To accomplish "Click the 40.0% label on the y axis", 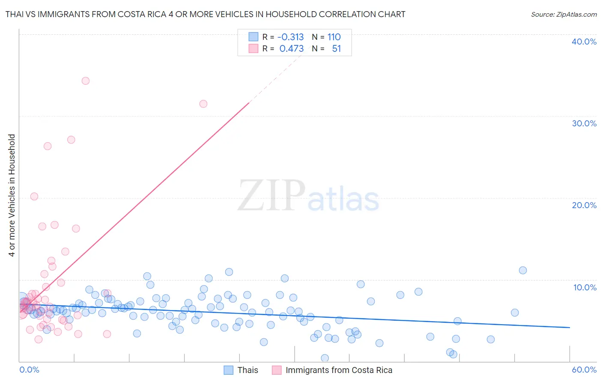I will [x=584, y=42].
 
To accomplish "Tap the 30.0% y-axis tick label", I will [x=584, y=123].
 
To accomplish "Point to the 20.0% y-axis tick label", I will [x=584, y=205].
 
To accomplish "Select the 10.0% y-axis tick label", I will [x=585, y=287].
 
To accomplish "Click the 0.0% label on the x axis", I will [x=29, y=370].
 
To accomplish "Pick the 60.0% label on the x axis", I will [x=584, y=370].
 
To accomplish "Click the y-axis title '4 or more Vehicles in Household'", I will [x=12, y=195].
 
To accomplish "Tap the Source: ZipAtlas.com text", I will [x=563, y=14].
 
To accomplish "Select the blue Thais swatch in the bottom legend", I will [x=229, y=370].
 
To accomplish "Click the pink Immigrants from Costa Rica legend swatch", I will [x=277, y=370].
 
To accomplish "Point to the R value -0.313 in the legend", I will [x=290, y=37].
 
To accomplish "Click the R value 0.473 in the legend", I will [x=291, y=49].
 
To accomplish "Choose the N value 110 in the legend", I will [x=334, y=37].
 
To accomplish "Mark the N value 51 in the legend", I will [x=337, y=49].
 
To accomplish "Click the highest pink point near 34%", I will [x=86, y=81].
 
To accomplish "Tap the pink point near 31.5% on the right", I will [x=203, y=104].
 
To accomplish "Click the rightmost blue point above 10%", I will [x=523, y=270].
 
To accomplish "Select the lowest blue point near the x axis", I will [x=325, y=358].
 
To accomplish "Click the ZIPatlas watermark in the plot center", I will [x=308, y=196].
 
